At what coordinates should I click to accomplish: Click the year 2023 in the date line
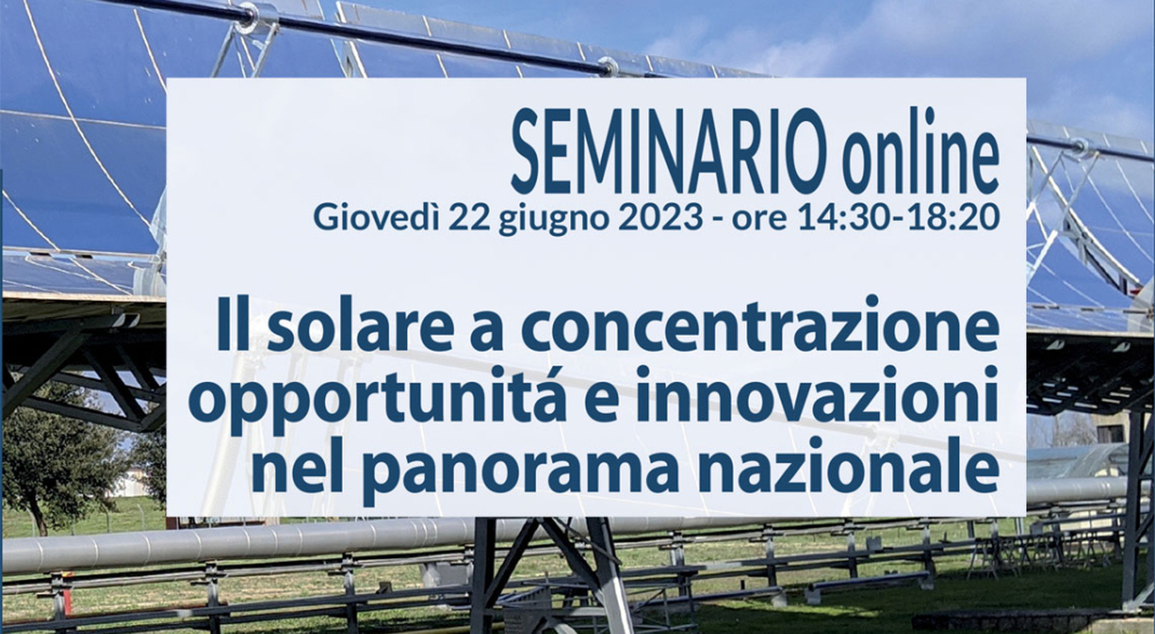[660, 218]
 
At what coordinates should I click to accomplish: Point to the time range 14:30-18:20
[898, 218]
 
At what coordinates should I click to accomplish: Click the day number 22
[469, 218]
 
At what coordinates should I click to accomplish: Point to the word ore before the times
[759, 220]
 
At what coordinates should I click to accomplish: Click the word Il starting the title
[234, 325]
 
